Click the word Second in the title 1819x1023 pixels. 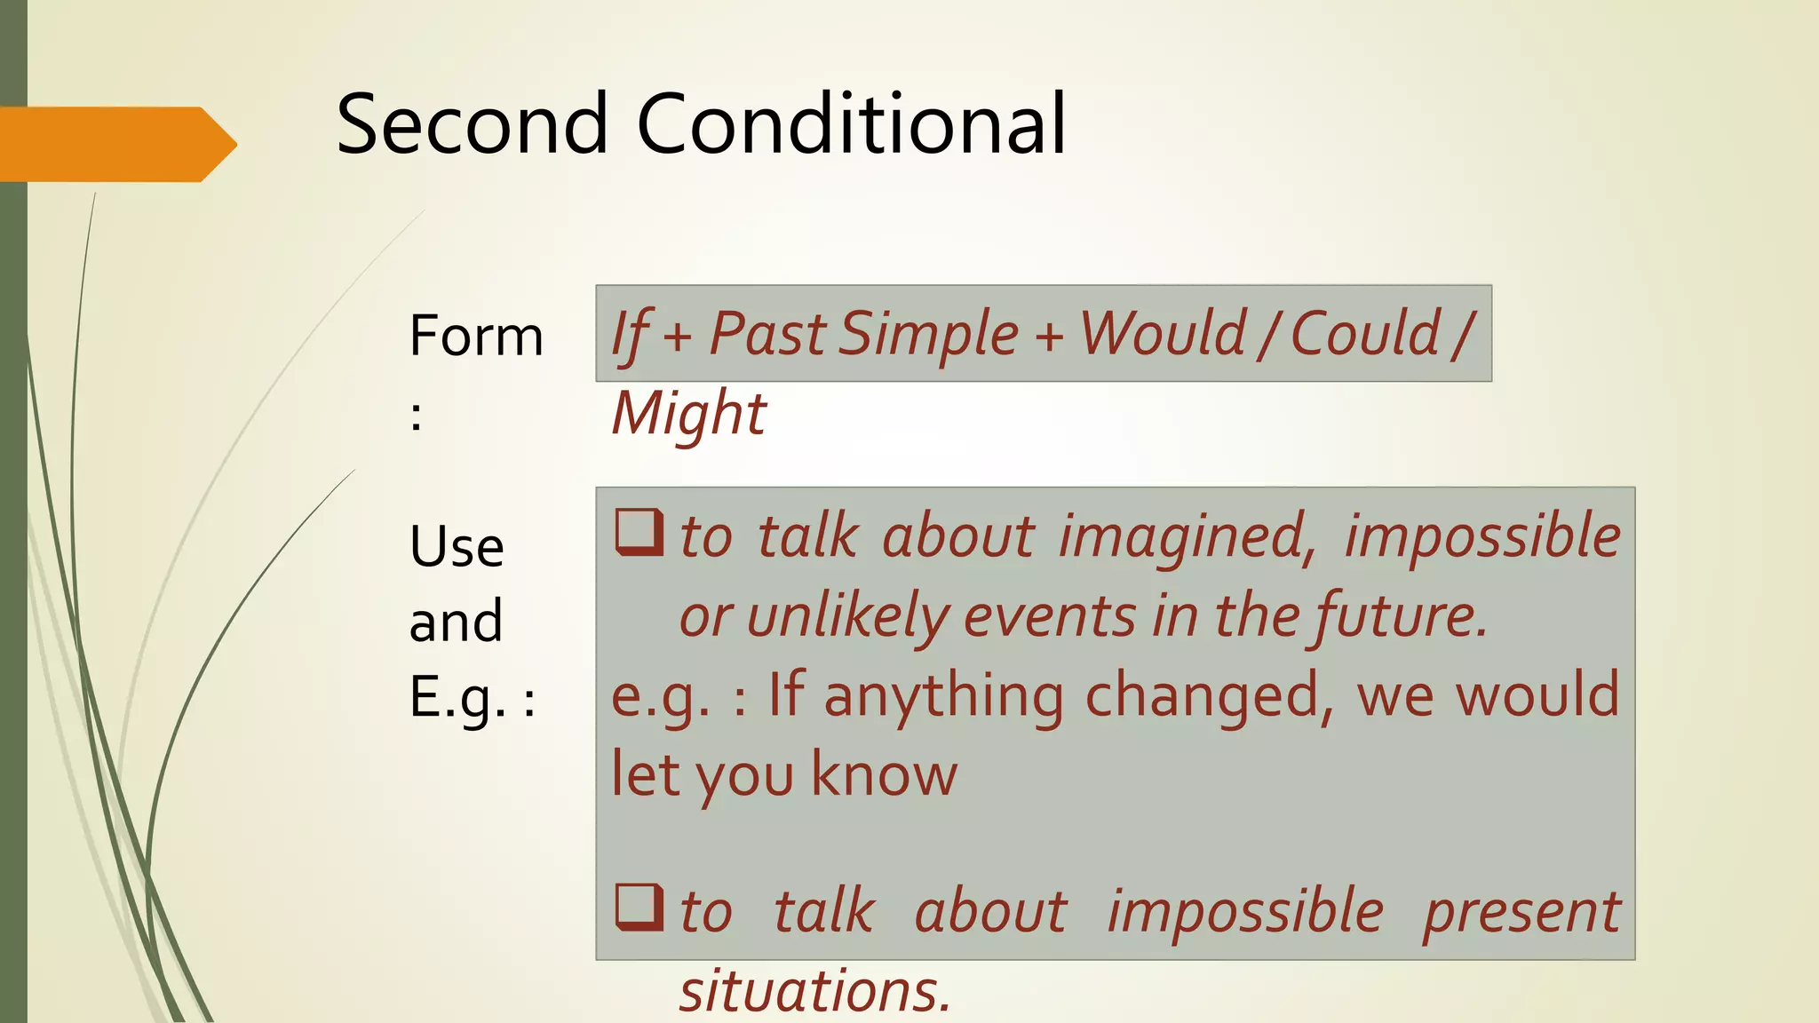pos(472,124)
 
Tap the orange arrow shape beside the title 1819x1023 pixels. pos(115,144)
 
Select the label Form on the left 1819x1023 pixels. pos(476,337)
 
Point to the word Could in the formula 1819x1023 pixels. pos(1365,335)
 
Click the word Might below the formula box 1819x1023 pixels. pos(688,415)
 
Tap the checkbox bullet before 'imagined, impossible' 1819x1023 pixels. pos(639,532)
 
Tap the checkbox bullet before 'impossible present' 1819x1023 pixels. pos(639,907)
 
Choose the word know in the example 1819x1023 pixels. pos(885,774)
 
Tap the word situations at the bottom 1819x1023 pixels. pos(814,991)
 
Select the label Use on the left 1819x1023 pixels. pos(457,547)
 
